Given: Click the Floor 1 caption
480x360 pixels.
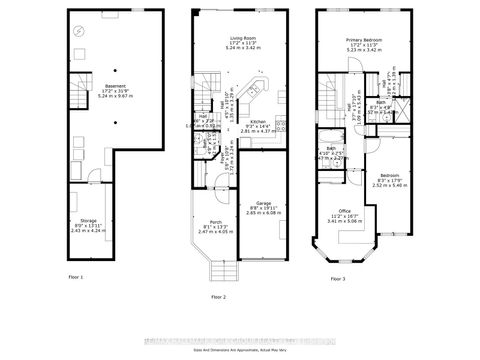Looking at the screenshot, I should [x=76, y=275].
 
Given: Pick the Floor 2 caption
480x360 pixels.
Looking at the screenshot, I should [x=219, y=297].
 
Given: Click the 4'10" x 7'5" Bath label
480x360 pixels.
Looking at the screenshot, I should [x=332, y=154].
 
